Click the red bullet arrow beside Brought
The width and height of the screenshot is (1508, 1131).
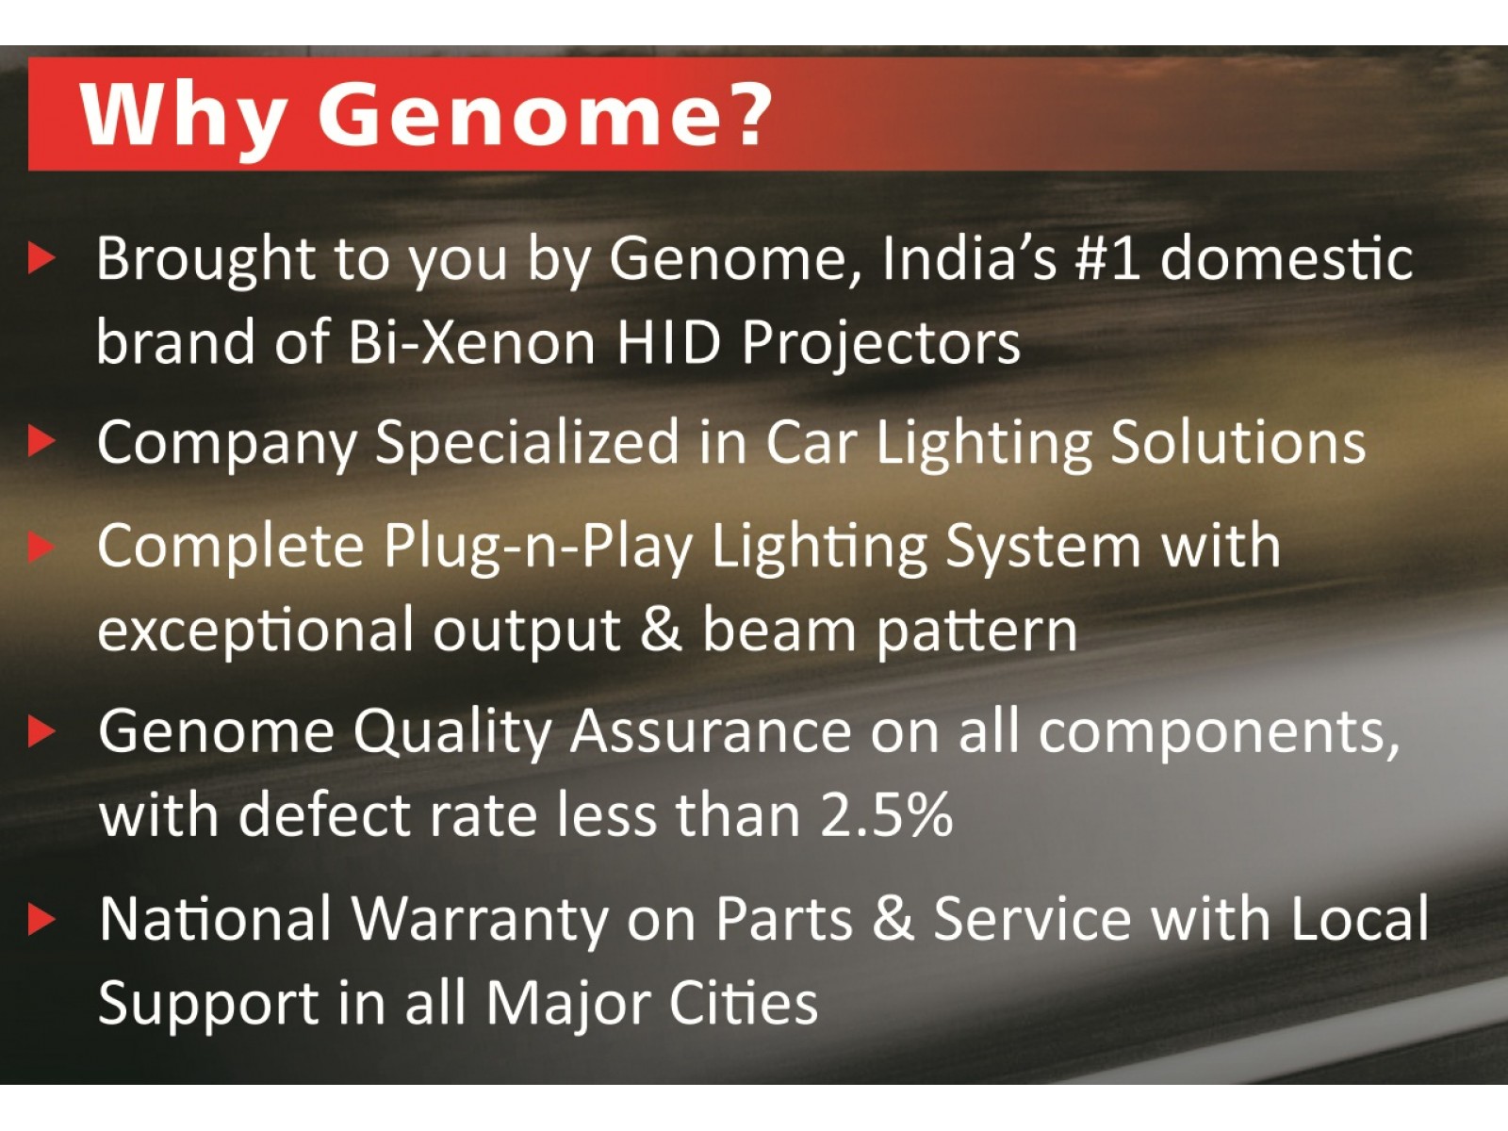41,257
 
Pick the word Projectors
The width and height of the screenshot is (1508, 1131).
880,343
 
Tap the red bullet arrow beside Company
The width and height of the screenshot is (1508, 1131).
41,440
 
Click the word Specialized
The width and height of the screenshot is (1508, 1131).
528,443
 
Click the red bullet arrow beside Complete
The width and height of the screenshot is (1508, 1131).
41,546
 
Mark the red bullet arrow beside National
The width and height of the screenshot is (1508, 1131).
41,919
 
